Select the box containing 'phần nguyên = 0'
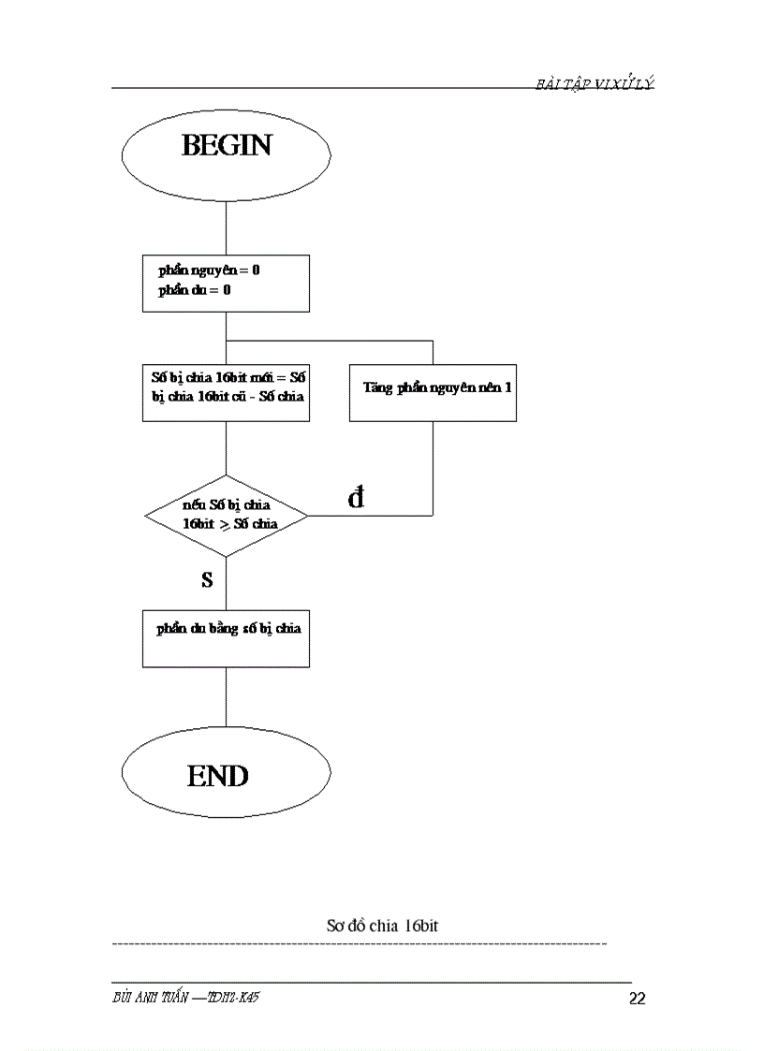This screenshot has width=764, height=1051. (x=226, y=283)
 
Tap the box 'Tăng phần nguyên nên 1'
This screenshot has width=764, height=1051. (x=433, y=392)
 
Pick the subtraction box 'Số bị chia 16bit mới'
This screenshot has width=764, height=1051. (x=226, y=392)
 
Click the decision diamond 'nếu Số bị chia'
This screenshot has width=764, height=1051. (x=226, y=515)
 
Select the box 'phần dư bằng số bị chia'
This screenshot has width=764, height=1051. (x=226, y=638)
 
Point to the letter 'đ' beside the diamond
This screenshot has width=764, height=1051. (x=356, y=499)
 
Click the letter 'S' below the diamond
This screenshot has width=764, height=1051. (x=207, y=580)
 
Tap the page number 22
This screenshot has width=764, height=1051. (x=637, y=999)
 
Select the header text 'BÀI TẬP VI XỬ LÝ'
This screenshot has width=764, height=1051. (x=595, y=84)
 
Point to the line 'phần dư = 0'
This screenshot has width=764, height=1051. (x=195, y=291)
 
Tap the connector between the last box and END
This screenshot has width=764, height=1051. (x=226, y=697)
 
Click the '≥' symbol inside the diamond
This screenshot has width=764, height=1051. (x=225, y=524)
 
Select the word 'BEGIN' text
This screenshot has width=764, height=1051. (x=226, y=146)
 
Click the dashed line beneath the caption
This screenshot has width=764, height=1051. (x=359, y=943)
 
